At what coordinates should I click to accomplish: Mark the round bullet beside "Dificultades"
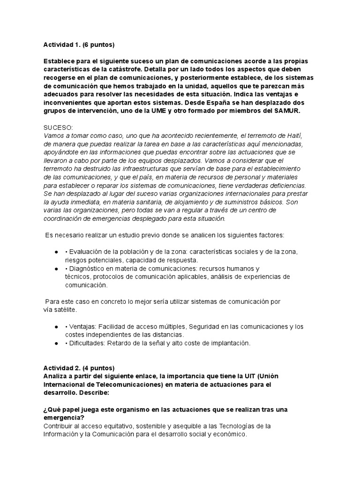coord(56,343)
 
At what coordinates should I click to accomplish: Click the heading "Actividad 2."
coord(62,368)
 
